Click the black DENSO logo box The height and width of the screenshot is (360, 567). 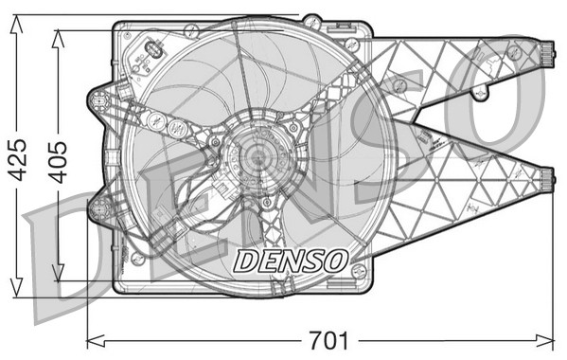[x=291, y=258]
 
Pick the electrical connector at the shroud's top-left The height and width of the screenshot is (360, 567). [x=151, y=52]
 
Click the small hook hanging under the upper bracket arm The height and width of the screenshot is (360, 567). [x=481, y=93]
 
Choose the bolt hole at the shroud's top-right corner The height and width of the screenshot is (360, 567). [x=353, y=44]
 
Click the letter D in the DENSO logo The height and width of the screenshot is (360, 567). [x=243, y=259]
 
